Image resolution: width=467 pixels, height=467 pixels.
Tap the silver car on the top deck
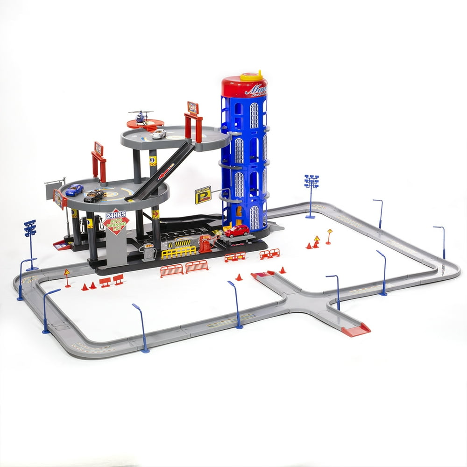pos(159,134)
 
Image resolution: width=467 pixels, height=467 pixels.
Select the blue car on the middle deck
pos(74,190)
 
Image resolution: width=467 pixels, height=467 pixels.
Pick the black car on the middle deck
pos(94,196)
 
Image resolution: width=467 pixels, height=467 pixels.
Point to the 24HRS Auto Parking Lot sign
pos(116,224)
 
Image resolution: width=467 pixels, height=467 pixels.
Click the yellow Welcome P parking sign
pos(203,195)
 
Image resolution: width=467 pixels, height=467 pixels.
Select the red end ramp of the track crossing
pos(356,331)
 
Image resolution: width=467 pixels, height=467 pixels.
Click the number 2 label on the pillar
pos(153,160)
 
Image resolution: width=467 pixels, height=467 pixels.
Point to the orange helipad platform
pos(145,124)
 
